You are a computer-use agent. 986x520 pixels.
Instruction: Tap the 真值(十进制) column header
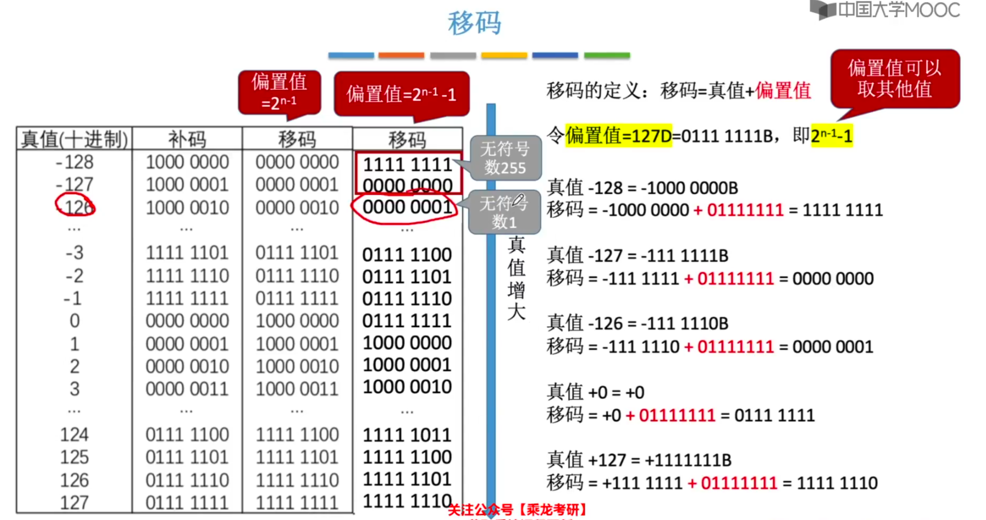point(74,139)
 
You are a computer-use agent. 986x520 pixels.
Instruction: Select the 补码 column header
point(187,139)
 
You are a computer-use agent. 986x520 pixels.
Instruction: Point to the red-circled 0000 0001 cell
point(407,207)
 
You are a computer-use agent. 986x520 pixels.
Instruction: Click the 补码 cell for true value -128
point(187,162)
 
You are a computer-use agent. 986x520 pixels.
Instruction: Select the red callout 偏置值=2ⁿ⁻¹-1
point(401,94)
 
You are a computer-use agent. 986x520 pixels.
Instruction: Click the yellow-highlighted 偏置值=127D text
point(618,135)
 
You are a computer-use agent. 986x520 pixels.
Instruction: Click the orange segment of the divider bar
point(401,56)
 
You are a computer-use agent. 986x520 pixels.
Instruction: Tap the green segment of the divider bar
point(607,56)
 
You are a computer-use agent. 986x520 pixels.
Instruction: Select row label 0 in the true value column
point(75,321)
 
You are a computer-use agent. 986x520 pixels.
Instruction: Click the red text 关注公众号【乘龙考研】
point(517,510)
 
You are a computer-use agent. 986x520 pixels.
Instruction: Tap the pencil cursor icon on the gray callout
point(518,200)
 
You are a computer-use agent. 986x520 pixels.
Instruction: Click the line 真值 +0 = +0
point(596,392)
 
